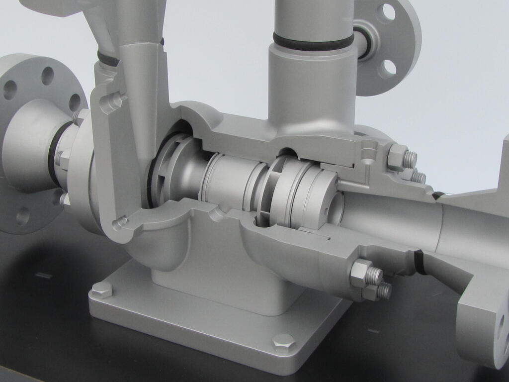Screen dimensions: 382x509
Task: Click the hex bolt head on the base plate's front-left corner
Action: [101, 289]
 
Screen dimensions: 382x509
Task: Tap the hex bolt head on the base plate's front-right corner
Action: [284, 343]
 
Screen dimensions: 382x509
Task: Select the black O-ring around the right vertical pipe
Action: [313, 41]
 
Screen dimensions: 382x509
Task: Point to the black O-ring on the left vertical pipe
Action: [108, 60]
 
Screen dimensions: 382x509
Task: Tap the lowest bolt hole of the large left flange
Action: [22, 216]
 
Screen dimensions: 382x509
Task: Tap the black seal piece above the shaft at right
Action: [437, 195]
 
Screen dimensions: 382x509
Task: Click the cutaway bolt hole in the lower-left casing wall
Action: [120, 222]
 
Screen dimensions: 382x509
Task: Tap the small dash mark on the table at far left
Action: [43, 275]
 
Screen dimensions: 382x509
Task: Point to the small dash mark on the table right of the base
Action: [374, 331]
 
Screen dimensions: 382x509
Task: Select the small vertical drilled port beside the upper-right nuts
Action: [367, 154]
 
